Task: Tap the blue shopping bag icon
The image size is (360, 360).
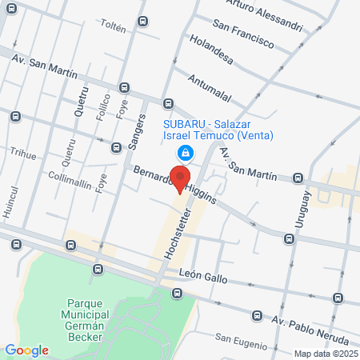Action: coord(186,152)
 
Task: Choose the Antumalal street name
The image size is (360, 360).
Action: coord(209,88)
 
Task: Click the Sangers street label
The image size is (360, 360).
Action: coord(137,131)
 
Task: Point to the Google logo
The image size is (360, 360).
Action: coord(26,350)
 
